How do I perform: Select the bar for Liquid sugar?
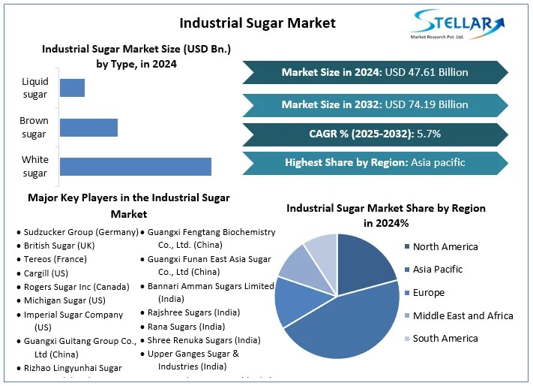tap(72, 87)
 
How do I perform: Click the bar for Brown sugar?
tap(88, 127)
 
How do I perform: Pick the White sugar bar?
tap(135, 166)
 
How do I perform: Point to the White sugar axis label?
tap(34, 166)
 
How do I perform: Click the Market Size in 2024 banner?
tap(375, 72)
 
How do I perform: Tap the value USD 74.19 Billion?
tap(427, 104)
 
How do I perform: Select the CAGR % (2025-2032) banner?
tap(375, 134)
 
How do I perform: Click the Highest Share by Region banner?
tap(375, 162)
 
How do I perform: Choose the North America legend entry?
tap(445, 246)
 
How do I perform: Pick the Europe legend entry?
tap(429, 292)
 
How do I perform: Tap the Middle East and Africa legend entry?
tap(463, 315)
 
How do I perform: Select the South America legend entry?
tap(445, 338)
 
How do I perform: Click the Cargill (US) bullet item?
tap(46, 273)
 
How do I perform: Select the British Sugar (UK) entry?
tap(59, 246)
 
